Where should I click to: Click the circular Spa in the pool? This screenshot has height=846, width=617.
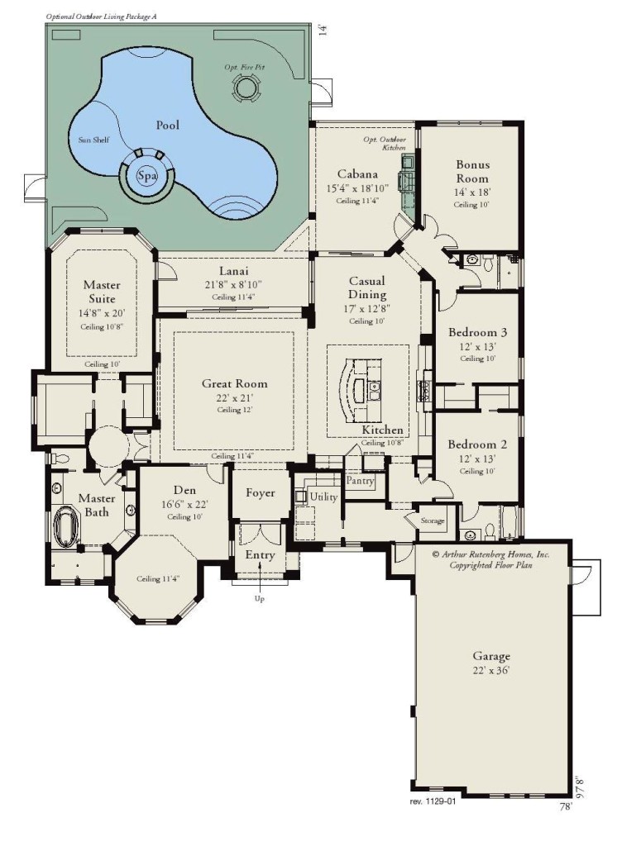147,175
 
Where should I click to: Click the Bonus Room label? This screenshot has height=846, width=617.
471,171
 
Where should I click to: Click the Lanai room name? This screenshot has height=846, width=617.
235,271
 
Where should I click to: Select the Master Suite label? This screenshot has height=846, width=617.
102,292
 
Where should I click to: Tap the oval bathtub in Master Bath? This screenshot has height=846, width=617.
63,524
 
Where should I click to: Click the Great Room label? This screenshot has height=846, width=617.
235,383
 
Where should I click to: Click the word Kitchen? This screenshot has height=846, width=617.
382,430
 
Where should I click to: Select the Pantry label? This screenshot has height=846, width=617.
361,480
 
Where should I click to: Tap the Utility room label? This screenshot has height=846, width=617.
323,497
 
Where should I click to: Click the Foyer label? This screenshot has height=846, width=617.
261,493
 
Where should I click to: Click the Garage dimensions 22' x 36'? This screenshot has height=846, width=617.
492,671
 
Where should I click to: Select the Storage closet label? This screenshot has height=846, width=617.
433,520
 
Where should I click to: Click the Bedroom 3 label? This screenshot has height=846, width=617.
477,332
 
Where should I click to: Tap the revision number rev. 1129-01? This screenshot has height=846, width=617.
433,801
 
